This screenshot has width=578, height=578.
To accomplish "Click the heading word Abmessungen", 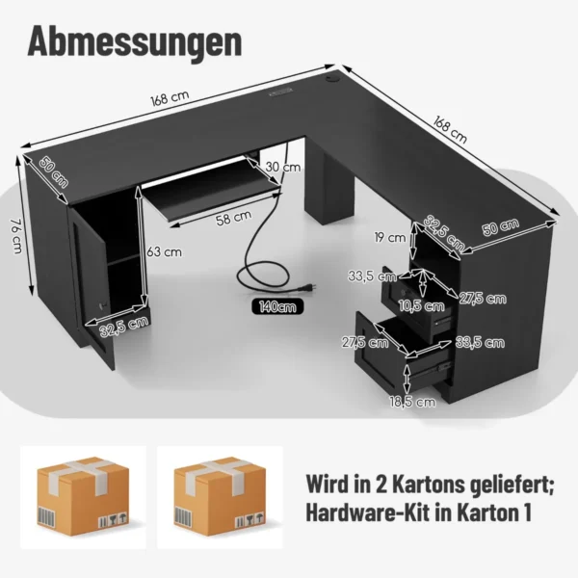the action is coord(135,42).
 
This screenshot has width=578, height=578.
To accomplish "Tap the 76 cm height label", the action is coord(16,236).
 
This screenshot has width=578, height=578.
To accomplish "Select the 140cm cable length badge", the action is coord(277,306).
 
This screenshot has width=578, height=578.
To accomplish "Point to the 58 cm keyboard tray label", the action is coord(234,217).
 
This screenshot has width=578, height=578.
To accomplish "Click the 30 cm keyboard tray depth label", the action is coord(282,167).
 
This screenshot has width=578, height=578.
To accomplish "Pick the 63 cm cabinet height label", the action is coord(164,252).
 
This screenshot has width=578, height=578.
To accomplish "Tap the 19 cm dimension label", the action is coord(390,237).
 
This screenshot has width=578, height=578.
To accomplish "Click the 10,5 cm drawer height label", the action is coord(421,305).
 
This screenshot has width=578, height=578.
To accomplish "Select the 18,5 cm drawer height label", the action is coord(412,402).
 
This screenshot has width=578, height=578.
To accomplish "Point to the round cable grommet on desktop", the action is coord(329,78).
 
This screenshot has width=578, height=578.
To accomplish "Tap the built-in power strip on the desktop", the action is coord(281,92).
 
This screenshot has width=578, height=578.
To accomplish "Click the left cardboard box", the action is coord(83,496).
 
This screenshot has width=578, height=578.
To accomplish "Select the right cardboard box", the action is coord(220,496).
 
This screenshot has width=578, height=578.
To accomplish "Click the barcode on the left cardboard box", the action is coord(47,517).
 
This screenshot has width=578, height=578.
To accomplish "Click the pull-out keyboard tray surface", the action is coord(211,186).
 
